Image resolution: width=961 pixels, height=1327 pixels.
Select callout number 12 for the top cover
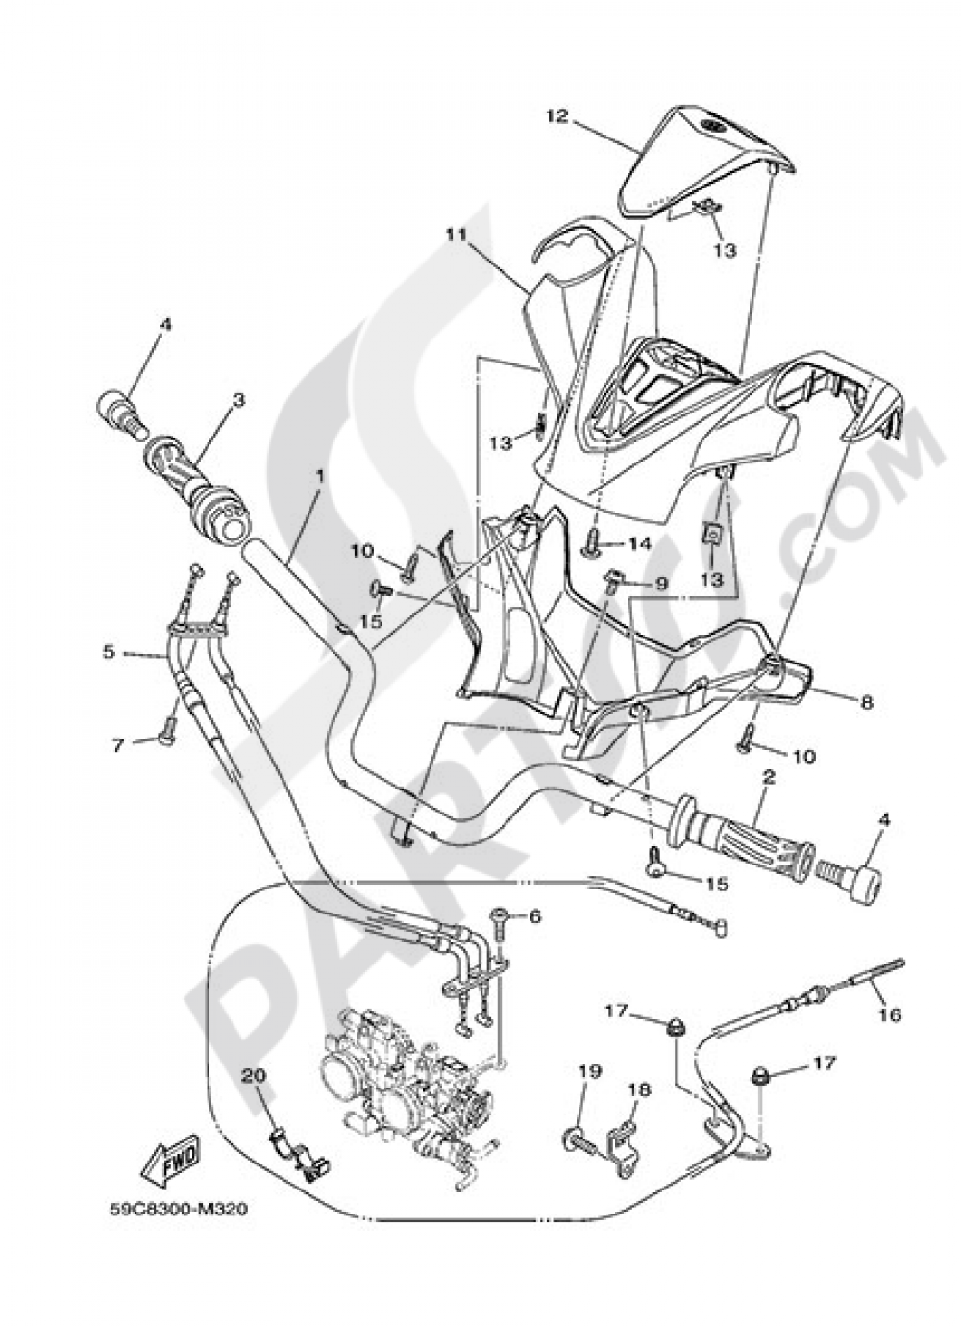click(x=556, y=116)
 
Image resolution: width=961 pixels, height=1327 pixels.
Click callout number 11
click(x=455, y=233)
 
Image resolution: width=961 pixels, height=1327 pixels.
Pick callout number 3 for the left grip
click(x=237, y=398)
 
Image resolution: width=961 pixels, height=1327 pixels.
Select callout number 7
click(x=118, y=744)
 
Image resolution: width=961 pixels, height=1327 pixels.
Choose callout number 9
click(x=661, y=583)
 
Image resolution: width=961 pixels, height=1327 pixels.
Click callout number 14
click(x=640, y=544)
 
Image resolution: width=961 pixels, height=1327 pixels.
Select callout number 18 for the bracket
click(x=639, y=1089)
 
